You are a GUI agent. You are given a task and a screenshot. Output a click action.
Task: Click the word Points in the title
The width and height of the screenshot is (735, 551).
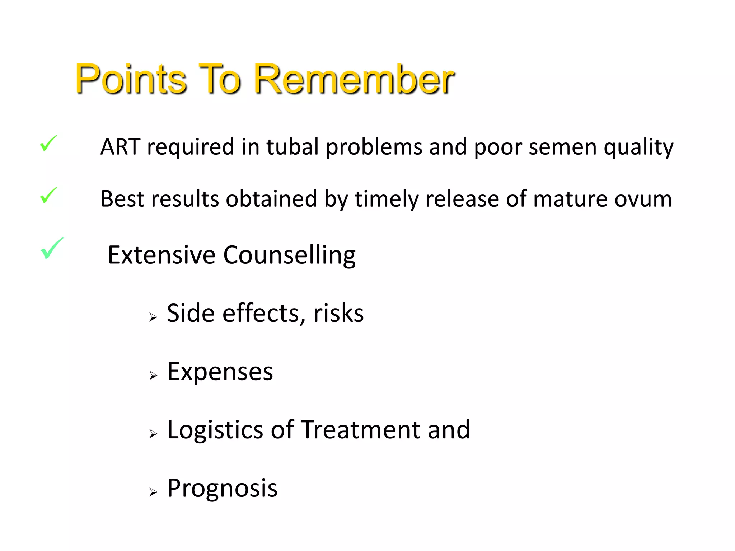pyautogui.click(x=131, y=79)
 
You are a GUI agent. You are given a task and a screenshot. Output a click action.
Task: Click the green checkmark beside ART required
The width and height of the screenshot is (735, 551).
pyautogui.click(x=48, y=143)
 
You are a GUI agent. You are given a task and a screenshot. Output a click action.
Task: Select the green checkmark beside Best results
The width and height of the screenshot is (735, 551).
pyautogui.click(x=48, y=196)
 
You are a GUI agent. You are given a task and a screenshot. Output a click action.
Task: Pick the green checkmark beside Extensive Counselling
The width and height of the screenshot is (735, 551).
pyautogui.click(x=51, y=248)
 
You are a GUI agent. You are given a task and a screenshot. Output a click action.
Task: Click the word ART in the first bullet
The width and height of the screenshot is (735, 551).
pyautogui.click(x=120, y=147)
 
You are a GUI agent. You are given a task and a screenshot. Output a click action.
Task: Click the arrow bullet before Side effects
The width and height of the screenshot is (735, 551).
pyautogui.click(x=153, y=317)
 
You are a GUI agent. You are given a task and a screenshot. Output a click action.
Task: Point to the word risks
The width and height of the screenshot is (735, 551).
pyautogui.click(x=338, y=313)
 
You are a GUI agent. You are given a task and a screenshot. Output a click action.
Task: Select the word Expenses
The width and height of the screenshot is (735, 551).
pyautogui.click(x=220, y=372)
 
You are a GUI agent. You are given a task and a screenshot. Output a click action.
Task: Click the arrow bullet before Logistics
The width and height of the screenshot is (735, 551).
pyautogui.click(x=153, y=434)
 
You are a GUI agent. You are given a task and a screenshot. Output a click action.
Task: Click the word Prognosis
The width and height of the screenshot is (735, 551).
pyautogui.click(x=222, y=489)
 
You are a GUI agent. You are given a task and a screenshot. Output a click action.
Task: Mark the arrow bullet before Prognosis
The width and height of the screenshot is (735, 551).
pyautogui.click(x=153, y=492)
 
